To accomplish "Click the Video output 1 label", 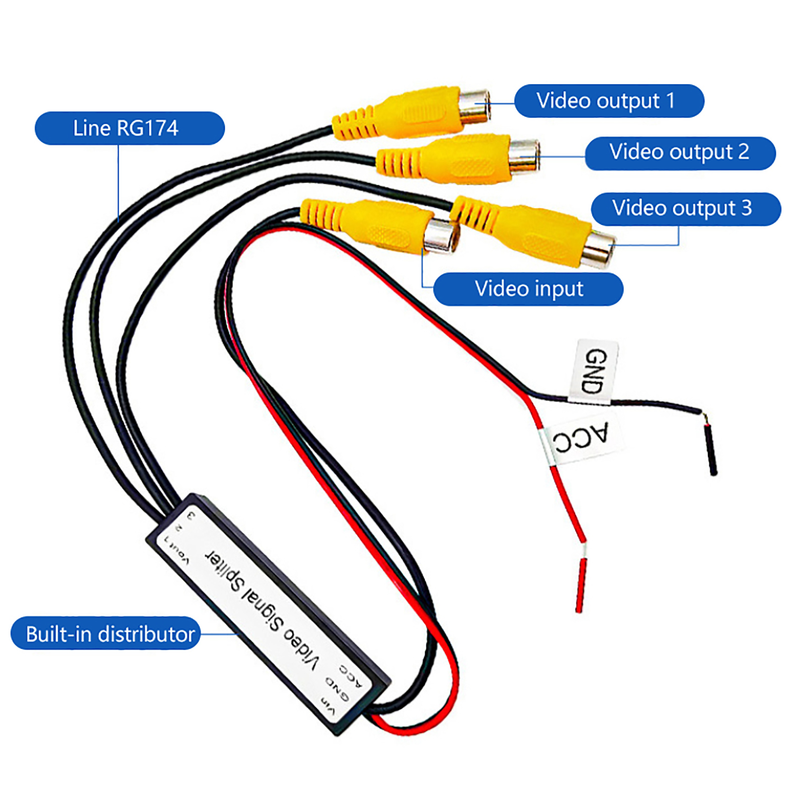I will [609, 101].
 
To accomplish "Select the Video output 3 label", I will [685, 209].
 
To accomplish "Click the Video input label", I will [528, 289].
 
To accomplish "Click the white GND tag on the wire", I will [595, 371].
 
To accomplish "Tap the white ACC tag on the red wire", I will [580, 439].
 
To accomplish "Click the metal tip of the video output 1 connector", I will [475, 105].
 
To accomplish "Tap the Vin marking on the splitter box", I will [328, 705].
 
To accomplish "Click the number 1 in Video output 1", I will [671, 101].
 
